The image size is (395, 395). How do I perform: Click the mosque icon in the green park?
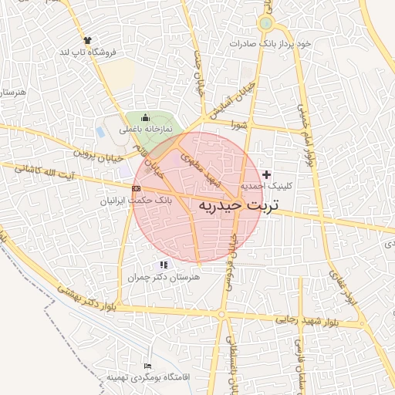144,116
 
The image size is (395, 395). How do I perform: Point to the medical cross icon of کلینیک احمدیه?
267,174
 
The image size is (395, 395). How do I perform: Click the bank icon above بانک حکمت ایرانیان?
136,188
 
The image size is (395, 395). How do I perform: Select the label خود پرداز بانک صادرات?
274,44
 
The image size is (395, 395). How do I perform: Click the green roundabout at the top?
266,23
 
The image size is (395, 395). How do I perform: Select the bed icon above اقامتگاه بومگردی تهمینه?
148,365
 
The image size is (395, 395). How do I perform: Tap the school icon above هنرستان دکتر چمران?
163,265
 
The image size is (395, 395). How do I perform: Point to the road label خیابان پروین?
99,154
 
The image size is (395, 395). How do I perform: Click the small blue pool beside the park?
124,170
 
